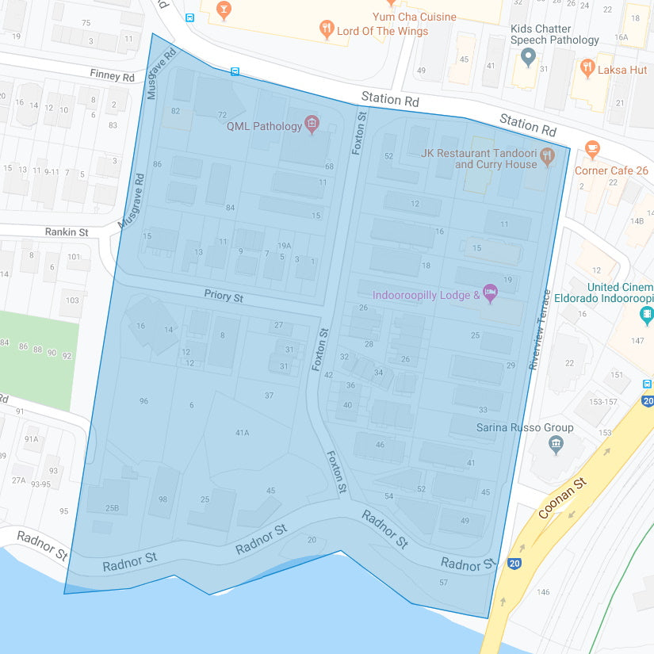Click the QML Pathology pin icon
coord(312,124)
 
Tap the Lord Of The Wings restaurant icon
coord(327,30)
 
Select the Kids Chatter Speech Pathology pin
coord(529,56)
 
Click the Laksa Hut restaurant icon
coord(587,68)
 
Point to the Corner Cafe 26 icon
coord(591,149)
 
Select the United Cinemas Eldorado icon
coord(647,315)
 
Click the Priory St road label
coord(224,296)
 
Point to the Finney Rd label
coord(112,76)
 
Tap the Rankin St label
coord(67,232)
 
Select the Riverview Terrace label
coord(540,328)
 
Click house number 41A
coord(243,433)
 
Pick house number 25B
coord(112,508)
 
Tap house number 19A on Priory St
coord(284,246)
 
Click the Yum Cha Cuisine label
coord(415,17)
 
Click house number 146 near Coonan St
coord(543,592)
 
